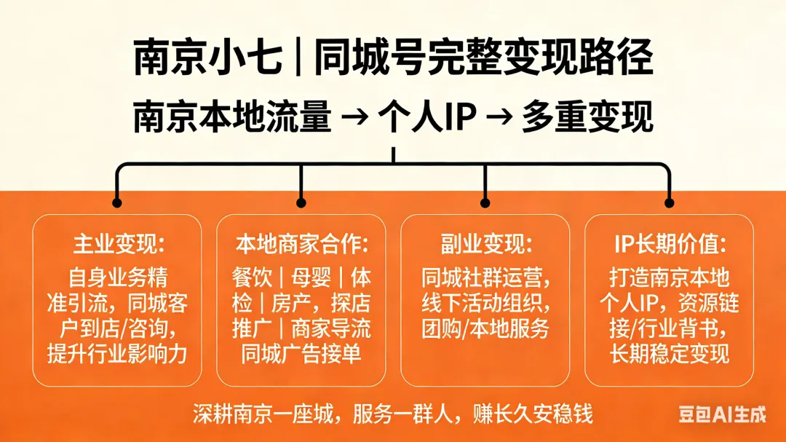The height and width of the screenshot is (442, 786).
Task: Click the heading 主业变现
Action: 116,242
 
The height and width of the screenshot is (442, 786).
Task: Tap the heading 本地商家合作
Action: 301,242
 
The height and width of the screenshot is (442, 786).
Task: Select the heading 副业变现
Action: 485,242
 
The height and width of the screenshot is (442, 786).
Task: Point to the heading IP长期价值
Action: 670,242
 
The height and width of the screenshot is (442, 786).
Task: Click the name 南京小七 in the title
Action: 207,58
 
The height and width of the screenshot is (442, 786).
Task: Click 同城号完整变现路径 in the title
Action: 483,58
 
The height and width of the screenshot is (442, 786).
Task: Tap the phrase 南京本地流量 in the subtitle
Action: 232,118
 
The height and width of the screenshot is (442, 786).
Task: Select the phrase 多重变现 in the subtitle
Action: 587,118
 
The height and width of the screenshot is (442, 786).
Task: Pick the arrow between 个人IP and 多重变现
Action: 496,118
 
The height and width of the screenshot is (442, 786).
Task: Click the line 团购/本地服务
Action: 485,328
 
